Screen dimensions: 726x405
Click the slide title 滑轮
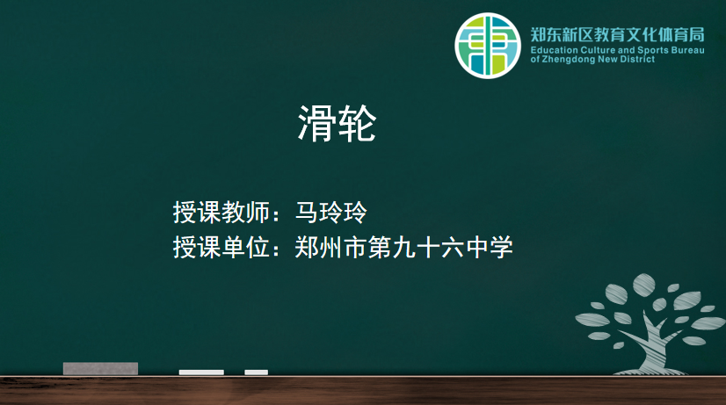coord(336,123)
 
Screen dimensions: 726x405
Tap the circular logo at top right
coord(488,46)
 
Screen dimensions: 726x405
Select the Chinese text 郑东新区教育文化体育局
coord(617,34)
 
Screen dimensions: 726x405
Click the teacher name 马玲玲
coord(331,213)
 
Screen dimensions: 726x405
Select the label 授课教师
coord(221,213)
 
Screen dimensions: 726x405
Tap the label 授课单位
coord(221,247)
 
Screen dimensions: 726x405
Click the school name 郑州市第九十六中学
coord(403,247)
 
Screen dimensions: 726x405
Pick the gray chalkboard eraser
coord(100,368)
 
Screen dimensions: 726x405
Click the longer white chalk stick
coord(201,372)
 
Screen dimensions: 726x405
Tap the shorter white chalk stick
coord(256,372)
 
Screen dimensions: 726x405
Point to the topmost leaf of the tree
coord(643,282)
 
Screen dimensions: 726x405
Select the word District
coord(637,59)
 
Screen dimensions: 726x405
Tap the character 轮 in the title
coord(356,123)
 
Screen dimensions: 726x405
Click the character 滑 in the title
coord(316,123)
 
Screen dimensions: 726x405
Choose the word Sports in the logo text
coord(653,50)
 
